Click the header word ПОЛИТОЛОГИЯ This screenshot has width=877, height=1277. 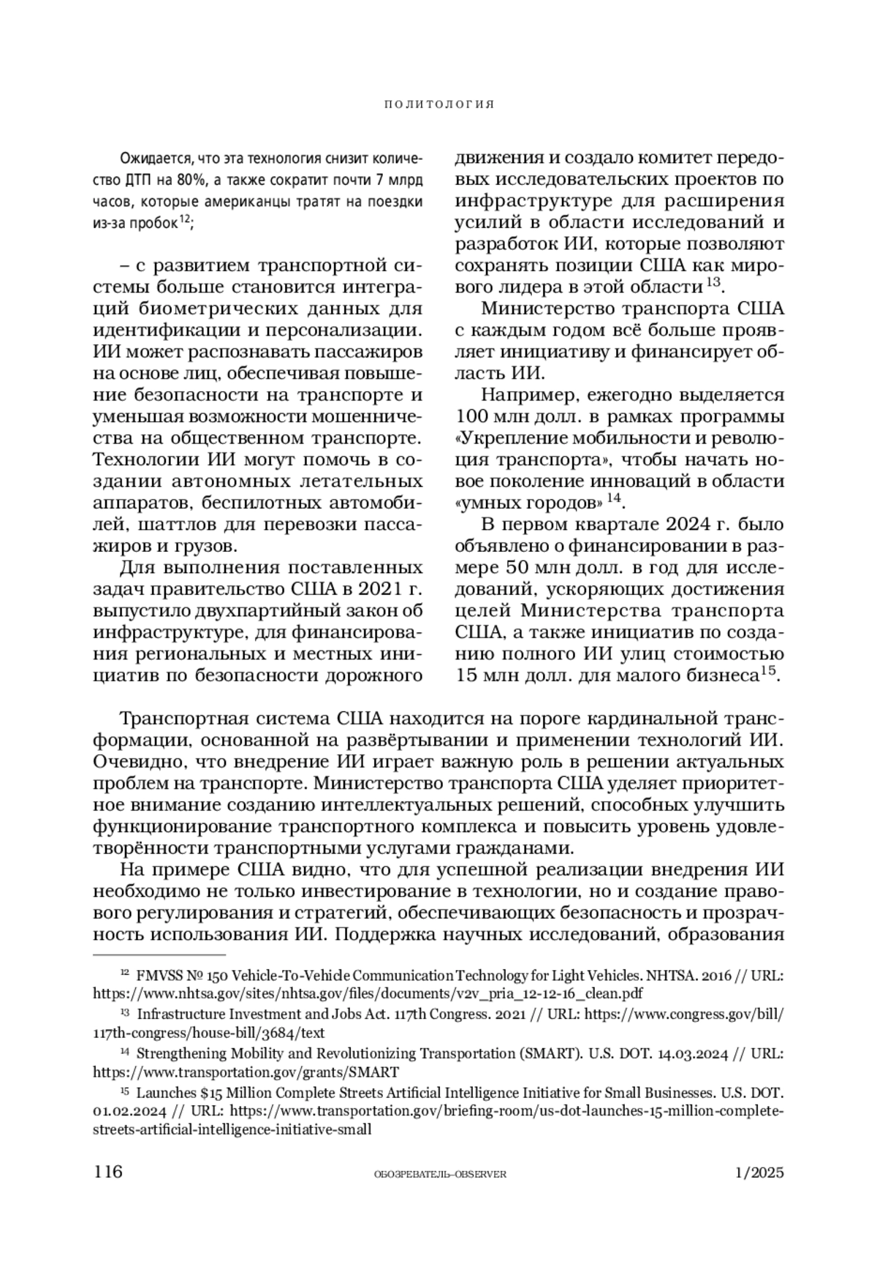tap(438, 105)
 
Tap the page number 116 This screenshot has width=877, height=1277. tap(107, 1172)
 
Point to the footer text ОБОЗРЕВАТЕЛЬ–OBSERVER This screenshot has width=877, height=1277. tap(439, 1173)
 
